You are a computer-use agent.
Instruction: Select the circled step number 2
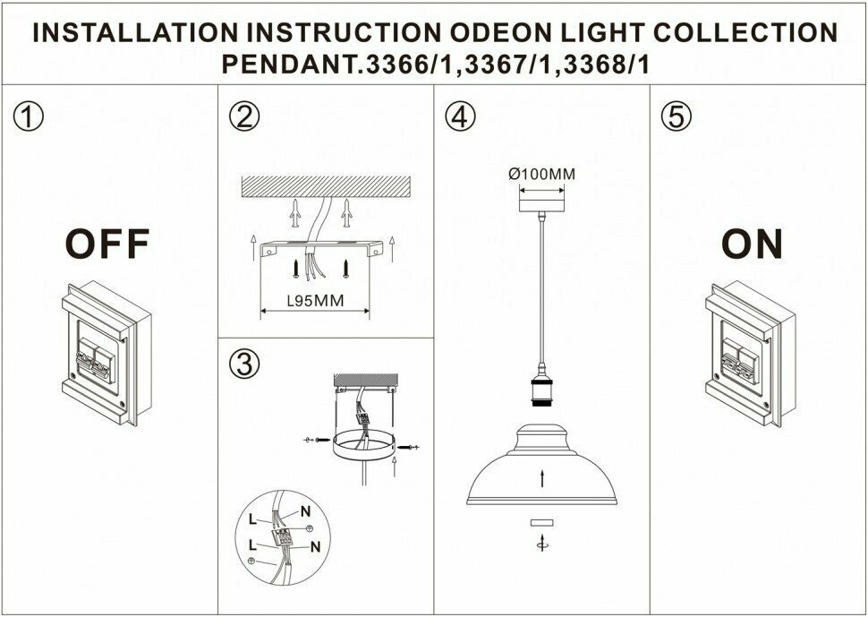pyautogui.click(x=243, y=117)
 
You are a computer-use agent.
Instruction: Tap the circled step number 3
pyautogui.click(x=243, y=364)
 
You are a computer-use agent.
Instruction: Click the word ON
pyautogui.click(x=752, y=244)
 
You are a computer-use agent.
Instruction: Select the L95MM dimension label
pyautogui.click(x=315, y=301)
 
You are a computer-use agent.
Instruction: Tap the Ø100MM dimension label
pyautogui.click(x=541, y=174)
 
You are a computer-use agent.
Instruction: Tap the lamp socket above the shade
pyautogui.click(x=542, y=394)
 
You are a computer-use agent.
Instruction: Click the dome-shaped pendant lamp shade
pyautogui.click(x=542, y=467)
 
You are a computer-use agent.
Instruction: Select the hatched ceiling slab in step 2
pyautogui.click(x=326, y=188)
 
